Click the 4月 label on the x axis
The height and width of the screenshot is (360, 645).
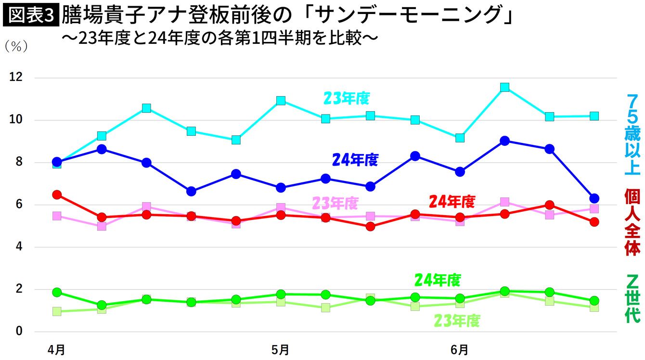click(x=56, y=350)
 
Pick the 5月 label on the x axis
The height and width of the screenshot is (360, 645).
click(x=281, y=350)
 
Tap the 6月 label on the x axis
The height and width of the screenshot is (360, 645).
click(x=460, y=350)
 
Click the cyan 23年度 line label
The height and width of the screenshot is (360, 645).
click(x=346, y=99)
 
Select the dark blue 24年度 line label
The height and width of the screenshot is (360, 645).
click(x=355, y=160)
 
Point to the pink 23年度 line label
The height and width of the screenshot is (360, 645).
click(x=335, y=203)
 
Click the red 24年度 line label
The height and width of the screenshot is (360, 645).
click(x=452, y=202)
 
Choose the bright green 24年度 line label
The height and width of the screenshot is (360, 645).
click(x=438, y=280)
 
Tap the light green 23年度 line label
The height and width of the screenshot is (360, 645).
click(x=457, y=321)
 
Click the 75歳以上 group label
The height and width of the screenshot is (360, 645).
click(x=632, y=135)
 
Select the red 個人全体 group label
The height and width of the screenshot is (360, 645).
click(x=632, y=222)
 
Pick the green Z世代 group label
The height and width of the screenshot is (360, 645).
click(x=632, y=298)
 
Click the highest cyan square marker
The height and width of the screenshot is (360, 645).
click(x=504, y=87)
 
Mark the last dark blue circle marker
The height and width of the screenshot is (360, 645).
click(x=594, y=198)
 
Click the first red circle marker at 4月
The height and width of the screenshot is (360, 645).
click(x=57, y=194)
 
